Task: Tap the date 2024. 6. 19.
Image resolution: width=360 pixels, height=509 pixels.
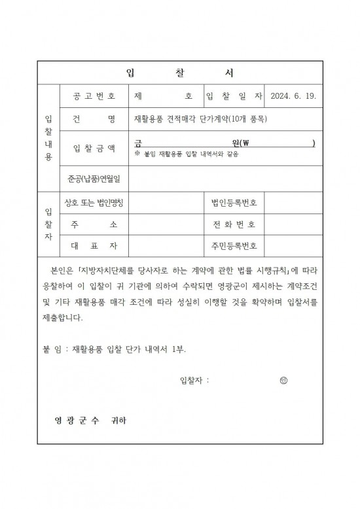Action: point(293,96)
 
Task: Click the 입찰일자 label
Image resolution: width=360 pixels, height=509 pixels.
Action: point(234,96)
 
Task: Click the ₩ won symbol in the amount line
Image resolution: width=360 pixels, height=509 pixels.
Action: point(247,143)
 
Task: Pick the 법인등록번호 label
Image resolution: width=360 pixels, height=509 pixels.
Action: point(234,203)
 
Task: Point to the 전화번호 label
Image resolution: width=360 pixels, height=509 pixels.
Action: point(234,224)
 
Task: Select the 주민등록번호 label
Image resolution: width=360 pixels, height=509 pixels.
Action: point(234,246)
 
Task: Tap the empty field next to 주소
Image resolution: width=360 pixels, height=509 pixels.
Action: point(166,224)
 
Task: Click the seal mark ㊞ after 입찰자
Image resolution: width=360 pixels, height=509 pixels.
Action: point(283,379)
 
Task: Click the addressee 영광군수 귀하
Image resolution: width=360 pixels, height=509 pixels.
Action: point(91,419)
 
